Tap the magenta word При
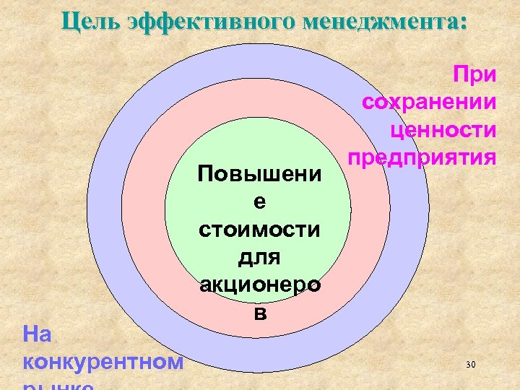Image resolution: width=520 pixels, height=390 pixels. [x=474, y=74]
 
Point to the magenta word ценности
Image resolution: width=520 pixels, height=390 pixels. [x=443, y=129]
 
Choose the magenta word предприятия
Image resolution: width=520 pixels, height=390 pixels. [x=421, y=156]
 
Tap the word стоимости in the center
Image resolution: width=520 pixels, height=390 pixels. [x=259, y=230]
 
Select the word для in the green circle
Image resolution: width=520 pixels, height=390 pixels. [x=259, y=257]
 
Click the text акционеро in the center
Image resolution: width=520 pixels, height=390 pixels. [x=259, y=285]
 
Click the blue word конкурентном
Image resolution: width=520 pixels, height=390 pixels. [x=103, y=360]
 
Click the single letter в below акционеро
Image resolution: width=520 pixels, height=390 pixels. [x=259, y=312]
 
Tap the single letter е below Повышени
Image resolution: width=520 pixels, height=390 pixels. [x=259, y=203]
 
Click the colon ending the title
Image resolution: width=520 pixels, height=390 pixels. [x=462, y=22]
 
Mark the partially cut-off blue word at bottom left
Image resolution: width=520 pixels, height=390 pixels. [x=58, y=385]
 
